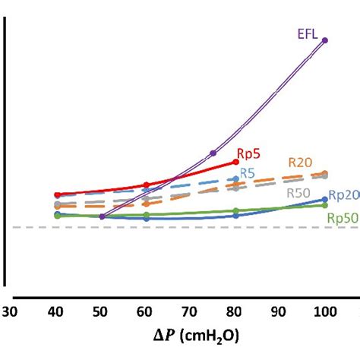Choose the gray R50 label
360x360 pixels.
pos(298,192)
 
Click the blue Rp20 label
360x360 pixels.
pos(343,195)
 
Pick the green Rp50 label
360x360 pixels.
pos(343,218)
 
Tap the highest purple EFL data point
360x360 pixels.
pos(325,40)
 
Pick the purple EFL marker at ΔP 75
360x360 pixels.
pos(213,153)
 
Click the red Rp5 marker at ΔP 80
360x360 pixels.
pos(235,162)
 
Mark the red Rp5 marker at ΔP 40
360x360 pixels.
pos(56,194)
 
